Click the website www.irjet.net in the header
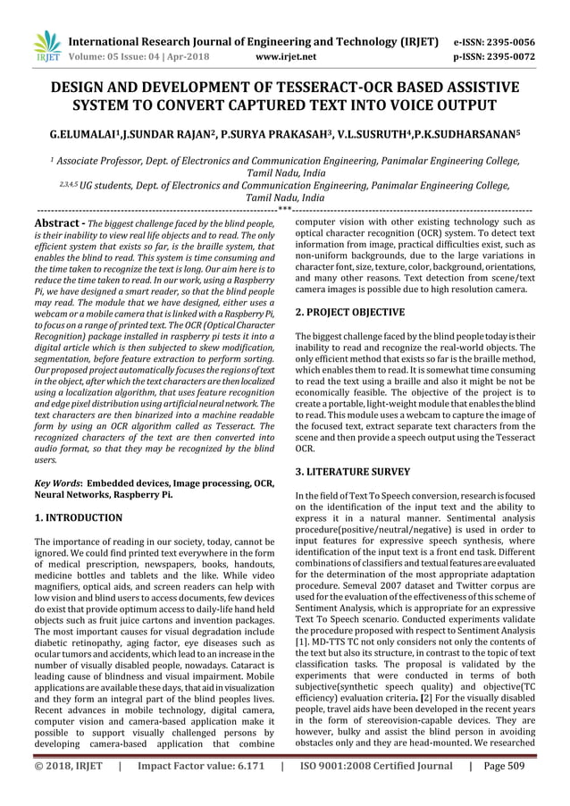tap(283, 55)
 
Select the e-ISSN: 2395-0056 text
tap(507, 41)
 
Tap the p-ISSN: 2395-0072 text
tap(507, 55)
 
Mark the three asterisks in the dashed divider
tap(284, 210)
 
